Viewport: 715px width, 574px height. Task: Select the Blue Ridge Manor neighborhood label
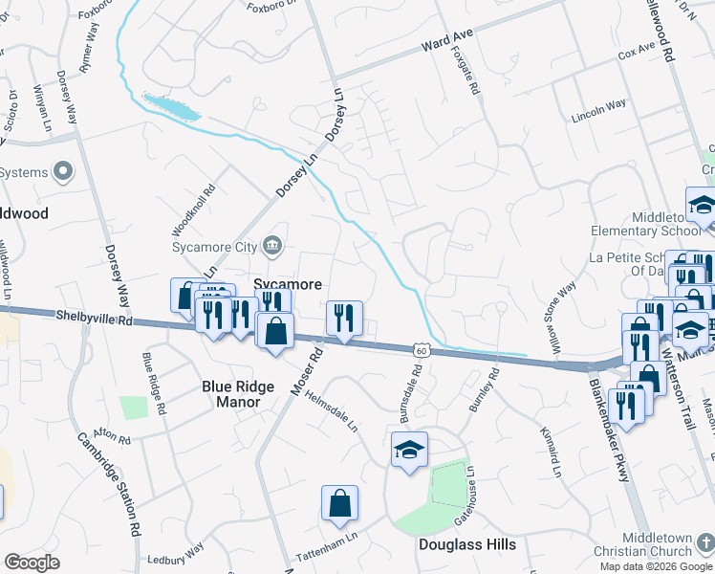[x=230, y=394]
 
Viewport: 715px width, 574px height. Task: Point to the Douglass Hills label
[x=467, y=544]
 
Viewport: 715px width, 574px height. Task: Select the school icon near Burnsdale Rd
[x=409, y=449]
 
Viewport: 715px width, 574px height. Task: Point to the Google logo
[x=32, y=563]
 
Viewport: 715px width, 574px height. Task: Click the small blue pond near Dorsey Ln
[x=171, y=106]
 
